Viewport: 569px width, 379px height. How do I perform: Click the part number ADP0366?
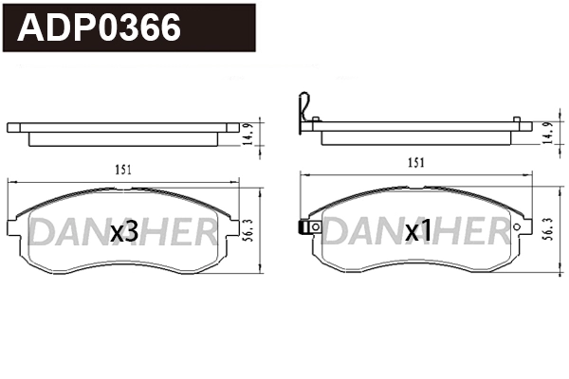pyautogui.click(x=101, y=28)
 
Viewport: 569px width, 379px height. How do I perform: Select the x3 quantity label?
pyautogui.click(x=125, y=230)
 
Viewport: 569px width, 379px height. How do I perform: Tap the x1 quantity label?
pyautogui.click(x=418, y=230)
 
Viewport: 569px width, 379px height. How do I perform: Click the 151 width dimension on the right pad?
pyautogui.click(x=415, y=163)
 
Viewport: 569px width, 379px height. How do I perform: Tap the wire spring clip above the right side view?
pyautogui.click(x=303, y=109)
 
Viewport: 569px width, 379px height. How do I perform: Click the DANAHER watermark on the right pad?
pyautogui.click(x=415, y=230)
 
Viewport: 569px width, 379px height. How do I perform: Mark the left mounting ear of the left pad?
pyautogui.click(x=12, y=227)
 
